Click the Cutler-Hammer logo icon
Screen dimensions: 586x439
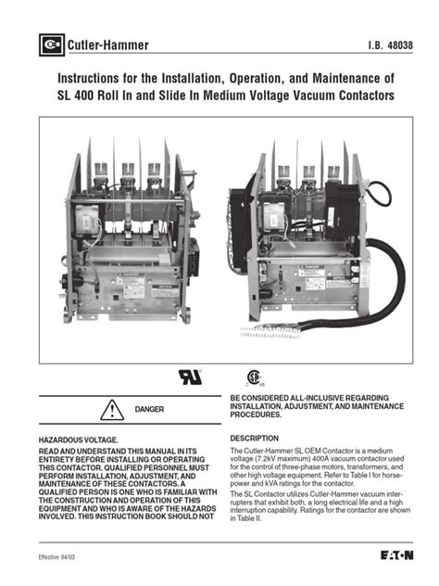[x=50, y=44]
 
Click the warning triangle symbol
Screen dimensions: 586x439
[x=111, y=408]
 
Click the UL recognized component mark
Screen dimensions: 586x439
[x=188, y=377]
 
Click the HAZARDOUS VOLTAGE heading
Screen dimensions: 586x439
[x=78, y=438]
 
